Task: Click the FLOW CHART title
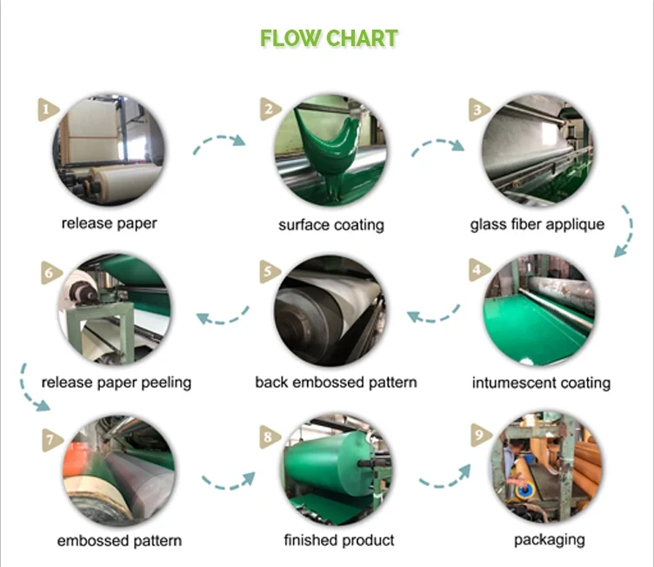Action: [329, 38]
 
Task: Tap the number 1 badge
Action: [47, 109]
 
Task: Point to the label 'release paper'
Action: [110, 223]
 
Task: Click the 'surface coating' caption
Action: [330, 225]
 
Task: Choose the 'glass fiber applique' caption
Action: [537, 224]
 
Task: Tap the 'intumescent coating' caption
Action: [541, 383]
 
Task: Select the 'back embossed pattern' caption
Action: [336, 382]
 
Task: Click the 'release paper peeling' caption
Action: [117, 382]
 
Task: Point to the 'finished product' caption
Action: [339, 540]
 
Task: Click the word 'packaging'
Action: [550, 539]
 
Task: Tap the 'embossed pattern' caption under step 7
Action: [120, 540]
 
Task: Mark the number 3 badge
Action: [477, 109]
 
